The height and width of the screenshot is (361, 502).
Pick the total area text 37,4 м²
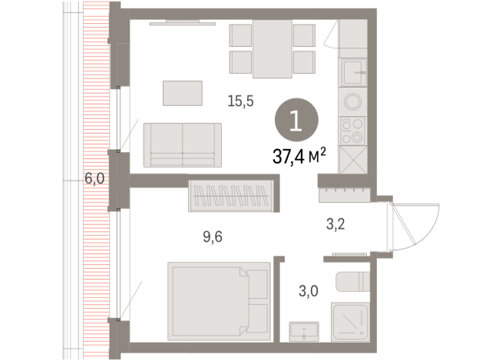300,157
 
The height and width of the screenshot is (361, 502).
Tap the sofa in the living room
183,144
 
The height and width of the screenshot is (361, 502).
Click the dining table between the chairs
272,48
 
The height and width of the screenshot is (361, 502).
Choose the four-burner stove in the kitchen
353,132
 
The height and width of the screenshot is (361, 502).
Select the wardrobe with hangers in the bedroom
231,195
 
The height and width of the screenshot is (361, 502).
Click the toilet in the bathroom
352,281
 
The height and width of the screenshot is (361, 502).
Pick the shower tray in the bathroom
350,320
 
